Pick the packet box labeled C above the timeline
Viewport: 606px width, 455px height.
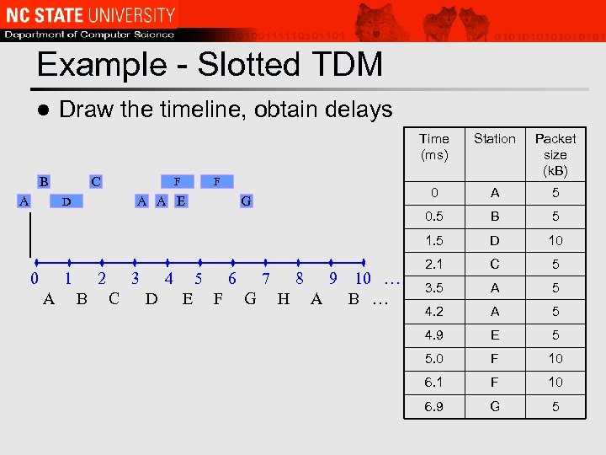tap(96, 181)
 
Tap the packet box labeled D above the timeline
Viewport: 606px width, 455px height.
tap(66, 201)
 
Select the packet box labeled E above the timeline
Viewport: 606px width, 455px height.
tap(180, 201)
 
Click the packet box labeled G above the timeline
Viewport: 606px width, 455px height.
tap(246, 201)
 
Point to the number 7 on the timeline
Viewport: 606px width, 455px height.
tap(266, 279)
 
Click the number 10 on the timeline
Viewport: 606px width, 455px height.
tap(363, 279)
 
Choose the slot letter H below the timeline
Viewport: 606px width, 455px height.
tap(283, 298)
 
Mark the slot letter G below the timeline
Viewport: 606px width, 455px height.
tap(250, 298)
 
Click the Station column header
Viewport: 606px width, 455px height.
tap(494, 138)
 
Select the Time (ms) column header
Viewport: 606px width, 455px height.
tap(434, 147)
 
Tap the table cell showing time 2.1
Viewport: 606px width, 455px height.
tap(433, 265)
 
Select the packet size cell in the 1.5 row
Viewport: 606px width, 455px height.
tap(555, 241)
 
